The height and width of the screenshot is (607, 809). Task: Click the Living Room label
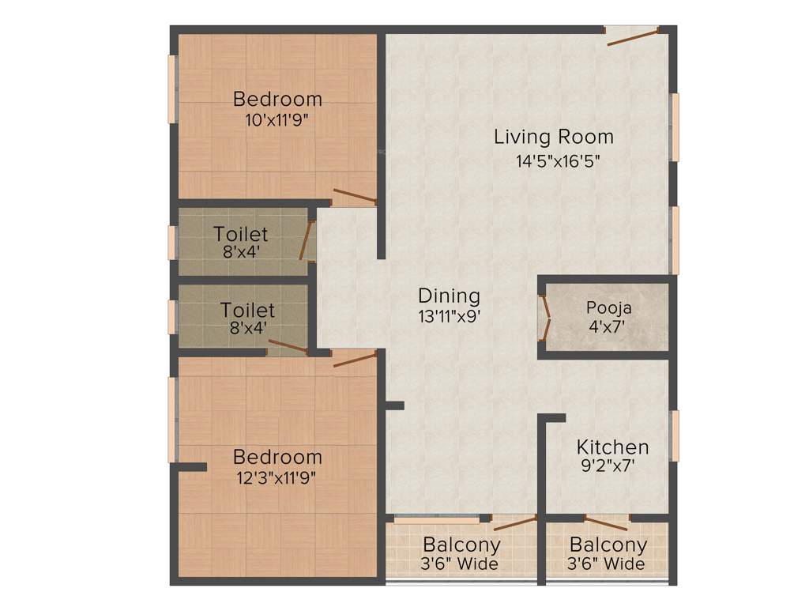[x=553, y=137]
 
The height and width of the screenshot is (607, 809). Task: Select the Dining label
[x=449, y=296]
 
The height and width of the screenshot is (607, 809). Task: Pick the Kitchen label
[x=612, y=447]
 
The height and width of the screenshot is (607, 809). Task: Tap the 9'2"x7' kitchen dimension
[x=608, y=466]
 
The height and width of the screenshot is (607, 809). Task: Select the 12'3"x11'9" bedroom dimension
[x=277, y=477]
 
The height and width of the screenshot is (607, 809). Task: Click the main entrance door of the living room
[x=632, y=36]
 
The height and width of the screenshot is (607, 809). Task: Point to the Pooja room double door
[x=544, y=319]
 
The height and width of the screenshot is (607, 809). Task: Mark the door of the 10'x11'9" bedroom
[x=354, y=197]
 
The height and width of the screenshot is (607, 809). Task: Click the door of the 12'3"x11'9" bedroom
[x=354, y=360]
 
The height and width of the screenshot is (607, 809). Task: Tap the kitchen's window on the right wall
[x=675, y=435]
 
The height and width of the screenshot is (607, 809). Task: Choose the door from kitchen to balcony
[x=607, y=521]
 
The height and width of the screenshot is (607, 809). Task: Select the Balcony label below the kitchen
[x=608, y=545]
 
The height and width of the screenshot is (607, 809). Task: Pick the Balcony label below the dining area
[x=461, y=545]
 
